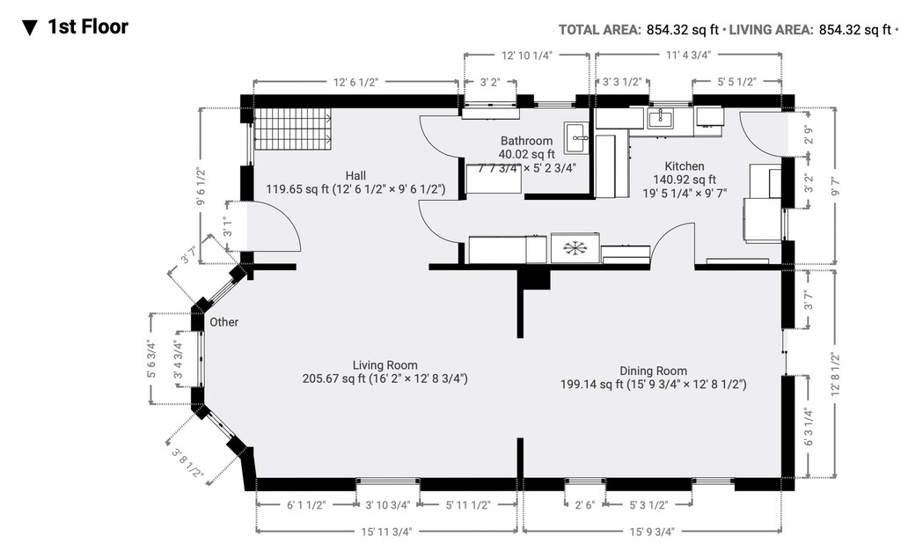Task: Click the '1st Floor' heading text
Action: pyautogui.click(x=87, y=26)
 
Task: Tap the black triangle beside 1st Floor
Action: pyautogui.click(x=29, y=27)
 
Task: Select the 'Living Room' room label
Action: pyautogui.click(x=385, y=365)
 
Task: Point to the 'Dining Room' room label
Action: pyautogui.click(x=654, y=371)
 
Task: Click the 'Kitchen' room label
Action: pyautogui.click(x=685, y=166)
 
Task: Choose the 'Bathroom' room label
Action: pyautogui.click(x=526, y=141)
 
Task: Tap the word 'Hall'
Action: pyautogui.click(x=355, y=176)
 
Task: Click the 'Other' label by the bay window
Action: pyautogui.click(x=223, y=322)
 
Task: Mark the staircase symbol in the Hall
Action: pyautogui.click(x=293, y=129)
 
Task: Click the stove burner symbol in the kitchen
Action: pyautogui.click(x=575, y=248)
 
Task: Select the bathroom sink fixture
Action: pyautogui.click(x=575, y=138)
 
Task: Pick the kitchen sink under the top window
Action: pyautogui.click(x=662, y=118)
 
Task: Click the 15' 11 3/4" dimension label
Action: pyautogui.click(x=386, y=532)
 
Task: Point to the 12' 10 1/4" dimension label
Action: pyautogui.click(x=527, y=55)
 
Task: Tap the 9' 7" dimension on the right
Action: pyautogui.click(x=836, y=185)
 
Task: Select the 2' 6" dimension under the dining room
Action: pyautogui.click(x=585, y=505)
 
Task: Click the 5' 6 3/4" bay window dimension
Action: pyautogui.click(x=151, y=359)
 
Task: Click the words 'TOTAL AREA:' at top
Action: pyautogui.click(x=599, y=30)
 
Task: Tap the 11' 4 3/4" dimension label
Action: pyautogui.click(x=688, y=55)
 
